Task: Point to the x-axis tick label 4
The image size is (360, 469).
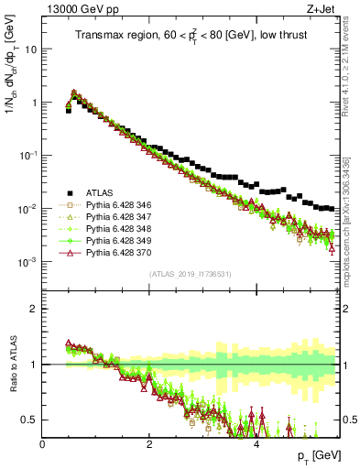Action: point(256,444)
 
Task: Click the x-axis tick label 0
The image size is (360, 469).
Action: point(42,444)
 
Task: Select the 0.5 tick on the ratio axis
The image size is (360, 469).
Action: point(31,420)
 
